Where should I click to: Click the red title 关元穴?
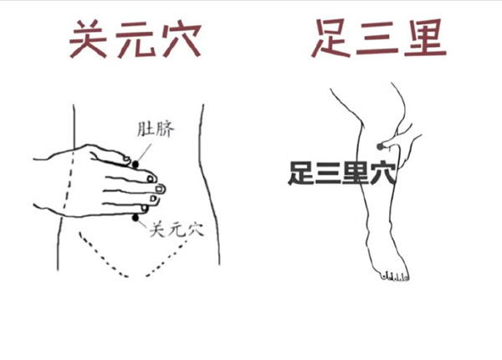[x=135, y=39]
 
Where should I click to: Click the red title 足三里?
[x=379, y=38]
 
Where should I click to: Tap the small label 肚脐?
[x=156, y=130]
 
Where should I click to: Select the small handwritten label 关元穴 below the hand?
[x=177, y=229]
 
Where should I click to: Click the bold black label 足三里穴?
[x=342, y=173]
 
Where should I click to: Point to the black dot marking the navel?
[x=136, y=164]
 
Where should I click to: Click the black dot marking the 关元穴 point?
[x=136, y=218]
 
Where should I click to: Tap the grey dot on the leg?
[x=380, y=147]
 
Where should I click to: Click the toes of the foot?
[x=395, y=275]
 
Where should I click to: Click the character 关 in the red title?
[x=89, y=39]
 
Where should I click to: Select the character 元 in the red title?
[x=135, y=40]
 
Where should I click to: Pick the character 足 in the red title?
[x=331, y=38]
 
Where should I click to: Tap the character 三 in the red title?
[x=378, y=39]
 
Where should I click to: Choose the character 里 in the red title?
[x=425, y=38]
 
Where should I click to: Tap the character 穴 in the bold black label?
[x=384, y=173]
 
